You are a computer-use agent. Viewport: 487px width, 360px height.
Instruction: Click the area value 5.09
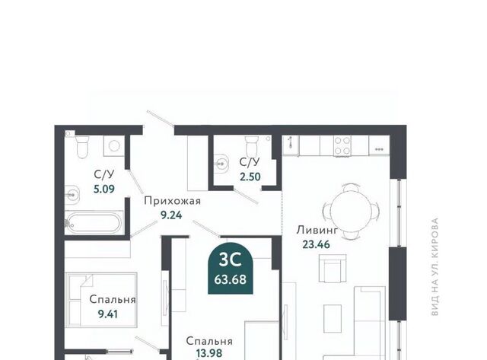(104, 189)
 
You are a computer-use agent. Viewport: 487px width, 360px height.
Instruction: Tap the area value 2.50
(250, 177)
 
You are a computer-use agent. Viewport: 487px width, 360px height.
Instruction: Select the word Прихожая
(173, 201)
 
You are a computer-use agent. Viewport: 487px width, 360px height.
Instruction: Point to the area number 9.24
(171, 215)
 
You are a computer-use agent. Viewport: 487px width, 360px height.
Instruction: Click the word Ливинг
(317, 231)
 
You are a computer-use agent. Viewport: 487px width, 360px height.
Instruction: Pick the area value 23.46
(317, 244)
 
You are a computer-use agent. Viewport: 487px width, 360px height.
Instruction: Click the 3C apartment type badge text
(230, 260)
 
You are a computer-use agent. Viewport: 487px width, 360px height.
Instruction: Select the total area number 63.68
(230, 279)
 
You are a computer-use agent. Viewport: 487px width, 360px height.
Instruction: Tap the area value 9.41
(108, 314)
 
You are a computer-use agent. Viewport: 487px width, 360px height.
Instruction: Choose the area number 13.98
(209, 353)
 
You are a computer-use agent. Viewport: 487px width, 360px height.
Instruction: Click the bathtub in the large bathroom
(94, 222)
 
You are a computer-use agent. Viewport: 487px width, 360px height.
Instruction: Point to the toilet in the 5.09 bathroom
(82, 147)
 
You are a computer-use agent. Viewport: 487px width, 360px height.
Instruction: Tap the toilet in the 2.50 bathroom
(252, 146)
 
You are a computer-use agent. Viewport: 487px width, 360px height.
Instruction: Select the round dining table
(351, 211)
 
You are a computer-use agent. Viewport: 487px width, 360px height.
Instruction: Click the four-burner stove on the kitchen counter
(342, 145)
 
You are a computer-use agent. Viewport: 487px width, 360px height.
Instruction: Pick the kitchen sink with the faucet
(291, 145)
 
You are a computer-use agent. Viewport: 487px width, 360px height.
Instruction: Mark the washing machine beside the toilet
(114, 146)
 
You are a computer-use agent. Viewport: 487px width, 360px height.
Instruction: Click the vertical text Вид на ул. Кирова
(435, 267)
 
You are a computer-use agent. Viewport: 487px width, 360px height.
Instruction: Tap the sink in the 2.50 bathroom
(221, 162)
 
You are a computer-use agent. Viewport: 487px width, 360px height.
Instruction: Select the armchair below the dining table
(333, 269)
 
